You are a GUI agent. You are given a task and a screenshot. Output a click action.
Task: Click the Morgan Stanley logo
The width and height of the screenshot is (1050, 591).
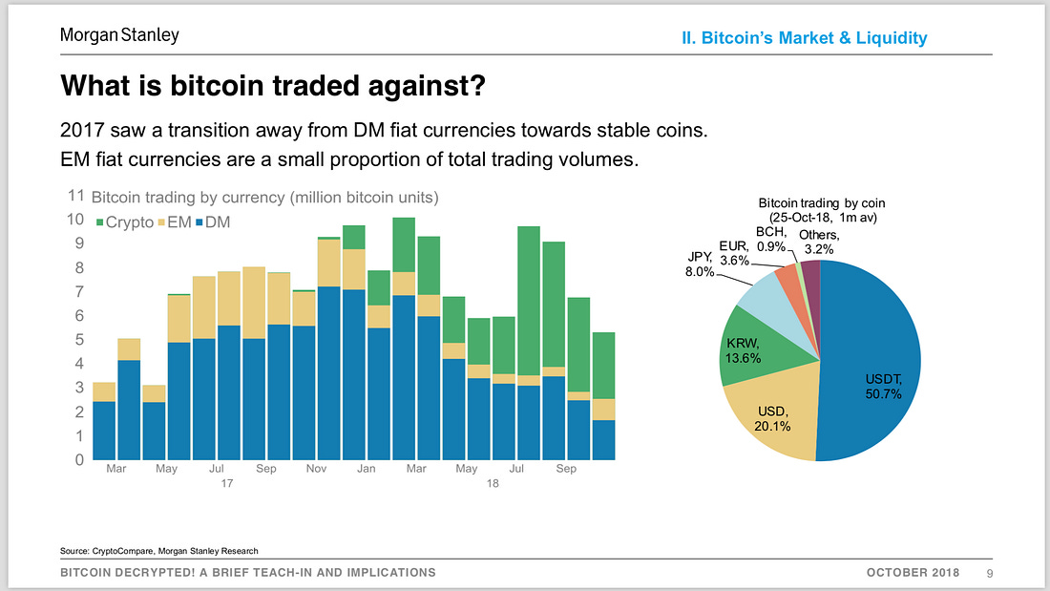[119, 35]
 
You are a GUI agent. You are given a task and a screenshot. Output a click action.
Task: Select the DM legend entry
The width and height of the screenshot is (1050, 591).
[212, 222]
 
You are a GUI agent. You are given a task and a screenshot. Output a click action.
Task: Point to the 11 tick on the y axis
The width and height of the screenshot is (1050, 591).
[75, 197]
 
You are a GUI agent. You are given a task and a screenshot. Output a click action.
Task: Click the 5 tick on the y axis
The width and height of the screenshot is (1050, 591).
[79, 340]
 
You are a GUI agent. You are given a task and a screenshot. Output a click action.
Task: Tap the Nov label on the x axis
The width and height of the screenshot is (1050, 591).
[316, 469]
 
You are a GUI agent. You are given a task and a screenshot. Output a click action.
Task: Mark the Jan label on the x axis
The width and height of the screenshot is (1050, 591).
[366, 469]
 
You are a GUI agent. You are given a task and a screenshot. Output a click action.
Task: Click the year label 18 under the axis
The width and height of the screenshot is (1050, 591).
[493, 483]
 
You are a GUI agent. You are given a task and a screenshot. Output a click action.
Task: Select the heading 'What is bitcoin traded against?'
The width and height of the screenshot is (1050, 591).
[273, 86]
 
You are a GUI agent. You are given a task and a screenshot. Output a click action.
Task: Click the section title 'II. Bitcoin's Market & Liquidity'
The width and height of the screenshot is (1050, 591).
[805, 38]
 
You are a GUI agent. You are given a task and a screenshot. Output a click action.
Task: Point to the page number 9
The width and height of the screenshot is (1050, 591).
[989, 573]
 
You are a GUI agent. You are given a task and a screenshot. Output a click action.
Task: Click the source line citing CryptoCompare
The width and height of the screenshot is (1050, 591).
[159, 551]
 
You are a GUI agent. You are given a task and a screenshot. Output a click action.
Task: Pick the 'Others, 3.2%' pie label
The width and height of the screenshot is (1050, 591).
[819, 243]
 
